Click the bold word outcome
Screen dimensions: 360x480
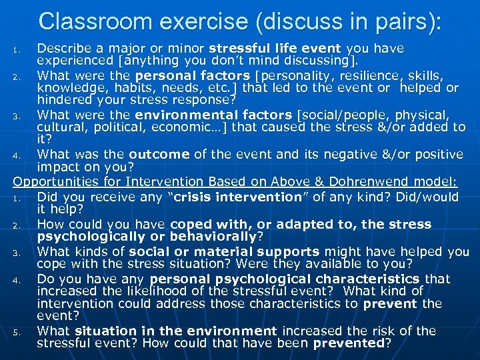[x=159, y=155]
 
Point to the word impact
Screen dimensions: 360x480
[x=57, y=166]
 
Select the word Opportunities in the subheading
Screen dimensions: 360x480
[x=51, y=181]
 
